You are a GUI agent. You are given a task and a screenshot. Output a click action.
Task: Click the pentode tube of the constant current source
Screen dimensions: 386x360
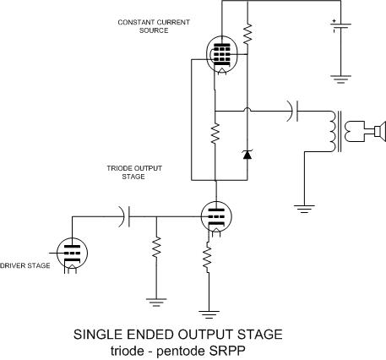222,56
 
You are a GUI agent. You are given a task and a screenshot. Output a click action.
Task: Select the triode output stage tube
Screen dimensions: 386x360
216,216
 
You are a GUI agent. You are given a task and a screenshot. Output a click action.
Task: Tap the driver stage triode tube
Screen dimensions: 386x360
72,253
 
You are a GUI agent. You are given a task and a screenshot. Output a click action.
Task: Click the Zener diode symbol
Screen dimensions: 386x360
247,155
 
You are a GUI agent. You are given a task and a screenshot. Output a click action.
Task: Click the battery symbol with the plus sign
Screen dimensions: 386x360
340,25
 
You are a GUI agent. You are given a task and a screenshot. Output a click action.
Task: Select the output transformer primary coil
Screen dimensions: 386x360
332,132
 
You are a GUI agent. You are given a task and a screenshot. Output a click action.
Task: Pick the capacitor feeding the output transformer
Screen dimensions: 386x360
293,112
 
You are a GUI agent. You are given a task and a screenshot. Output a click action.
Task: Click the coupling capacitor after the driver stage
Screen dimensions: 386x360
124,216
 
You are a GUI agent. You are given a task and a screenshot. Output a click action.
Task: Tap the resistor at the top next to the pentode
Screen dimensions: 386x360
247,34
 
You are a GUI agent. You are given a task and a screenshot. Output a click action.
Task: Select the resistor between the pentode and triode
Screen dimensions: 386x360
215,134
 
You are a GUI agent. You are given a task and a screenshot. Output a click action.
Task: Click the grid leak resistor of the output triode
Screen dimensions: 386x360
156,247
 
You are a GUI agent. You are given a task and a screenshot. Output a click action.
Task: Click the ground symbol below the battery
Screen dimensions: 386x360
340,79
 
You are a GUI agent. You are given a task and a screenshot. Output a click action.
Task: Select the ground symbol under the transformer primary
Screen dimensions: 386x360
304,209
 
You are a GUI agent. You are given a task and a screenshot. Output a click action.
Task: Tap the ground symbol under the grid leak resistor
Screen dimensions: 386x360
156,303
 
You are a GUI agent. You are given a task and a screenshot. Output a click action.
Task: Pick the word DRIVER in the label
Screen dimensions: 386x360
11,265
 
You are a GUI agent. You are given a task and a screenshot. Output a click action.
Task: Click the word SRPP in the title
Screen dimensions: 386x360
227,351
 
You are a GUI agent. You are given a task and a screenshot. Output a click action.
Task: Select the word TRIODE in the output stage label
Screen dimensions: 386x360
118,168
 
